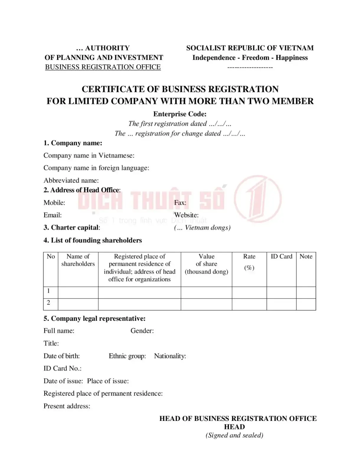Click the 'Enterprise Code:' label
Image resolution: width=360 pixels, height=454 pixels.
click(x=180, y=114)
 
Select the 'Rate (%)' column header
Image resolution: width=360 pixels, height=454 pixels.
click(x=249, y=262)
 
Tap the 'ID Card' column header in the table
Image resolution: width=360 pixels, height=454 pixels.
click(x=281, y=257)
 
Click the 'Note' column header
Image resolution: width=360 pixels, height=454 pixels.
click(x=306, y=257)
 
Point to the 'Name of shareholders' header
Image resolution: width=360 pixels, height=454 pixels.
click(x=78, y=260)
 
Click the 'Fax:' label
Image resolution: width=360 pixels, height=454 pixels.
click(x=180, y=203)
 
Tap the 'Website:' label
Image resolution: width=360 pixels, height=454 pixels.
click(x=186, y=215)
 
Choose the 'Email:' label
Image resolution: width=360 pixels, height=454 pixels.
click(x=53, y=215)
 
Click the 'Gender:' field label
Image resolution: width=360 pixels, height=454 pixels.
click(x=142, y=331)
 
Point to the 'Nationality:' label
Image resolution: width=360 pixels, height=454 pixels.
click(x=170, y=356)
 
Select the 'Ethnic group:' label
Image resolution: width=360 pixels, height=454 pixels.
click(x=127, y=356)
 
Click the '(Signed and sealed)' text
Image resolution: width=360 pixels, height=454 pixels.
click(x=234, y=435)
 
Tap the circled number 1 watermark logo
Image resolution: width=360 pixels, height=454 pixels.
click(x=258, y=199)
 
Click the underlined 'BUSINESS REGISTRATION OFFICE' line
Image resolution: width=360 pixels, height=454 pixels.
click(x=103, y=67)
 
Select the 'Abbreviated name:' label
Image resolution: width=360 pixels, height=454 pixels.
click(x=71, y=181)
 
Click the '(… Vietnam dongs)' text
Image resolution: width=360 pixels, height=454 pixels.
click(x=202, y=228)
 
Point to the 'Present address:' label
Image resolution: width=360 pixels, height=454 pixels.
click(x=67, y=406)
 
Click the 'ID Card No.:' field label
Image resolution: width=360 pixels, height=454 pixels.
click(x=62, y=369)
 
